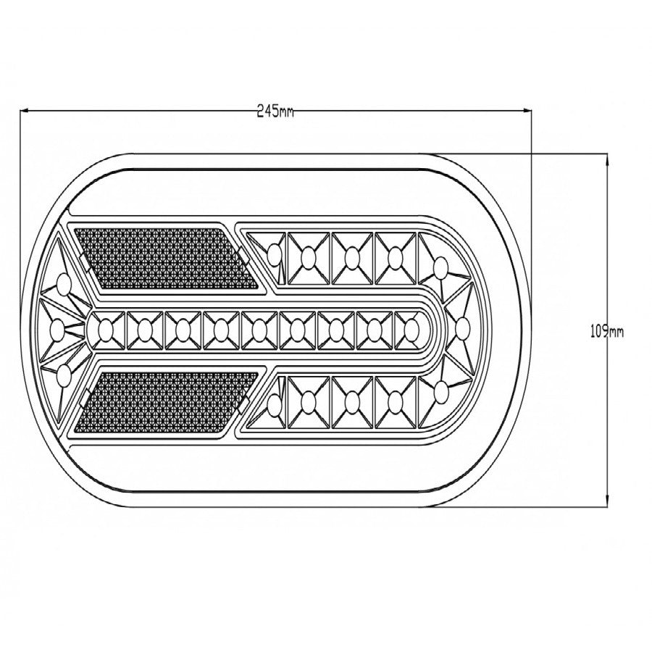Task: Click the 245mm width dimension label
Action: pos(275,111)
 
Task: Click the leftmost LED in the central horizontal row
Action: pos(104,330)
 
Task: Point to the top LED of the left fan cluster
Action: pos(63,283)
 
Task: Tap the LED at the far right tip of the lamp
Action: pos(461,330)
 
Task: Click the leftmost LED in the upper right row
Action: pos(275,254)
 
